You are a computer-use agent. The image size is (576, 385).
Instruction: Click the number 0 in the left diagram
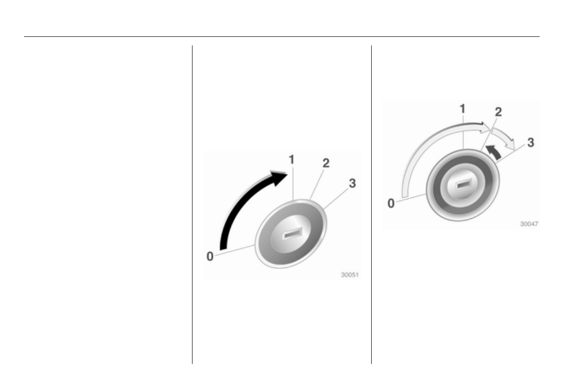tap(210, 257)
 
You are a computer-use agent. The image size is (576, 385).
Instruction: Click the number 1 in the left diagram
tap(291, 160)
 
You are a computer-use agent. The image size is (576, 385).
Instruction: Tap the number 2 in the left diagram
tap(326, 163)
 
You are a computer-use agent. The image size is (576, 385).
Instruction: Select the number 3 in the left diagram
tap(352, 183)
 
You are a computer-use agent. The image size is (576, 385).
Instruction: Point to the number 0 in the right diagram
tap(391, 203)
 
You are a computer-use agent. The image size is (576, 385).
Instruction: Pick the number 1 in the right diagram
tap(463, 109)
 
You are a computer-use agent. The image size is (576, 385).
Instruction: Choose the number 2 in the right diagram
tap(498, 112)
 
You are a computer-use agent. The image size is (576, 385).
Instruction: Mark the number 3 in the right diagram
tap(531, 143)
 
